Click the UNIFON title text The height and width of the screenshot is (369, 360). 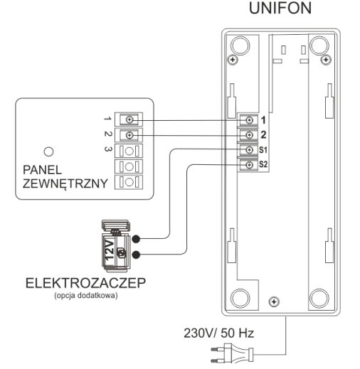[x=280, y=9]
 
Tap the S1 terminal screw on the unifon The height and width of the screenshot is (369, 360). [x=249, y=150]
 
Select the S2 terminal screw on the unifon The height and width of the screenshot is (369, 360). [x=249, y=165]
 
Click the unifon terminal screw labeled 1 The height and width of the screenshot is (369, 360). [x=249, y=120]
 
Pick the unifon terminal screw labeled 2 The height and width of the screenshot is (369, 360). [x=249, y=135]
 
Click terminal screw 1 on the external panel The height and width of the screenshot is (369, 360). [x=129, y=119]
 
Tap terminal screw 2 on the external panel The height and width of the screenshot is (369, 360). [x=129, y=135]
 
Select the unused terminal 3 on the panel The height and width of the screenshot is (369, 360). [x=129, y=151]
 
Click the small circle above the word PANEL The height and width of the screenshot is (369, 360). [x=49, y=151]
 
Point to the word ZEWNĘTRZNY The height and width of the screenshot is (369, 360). [x=65, y=183]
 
